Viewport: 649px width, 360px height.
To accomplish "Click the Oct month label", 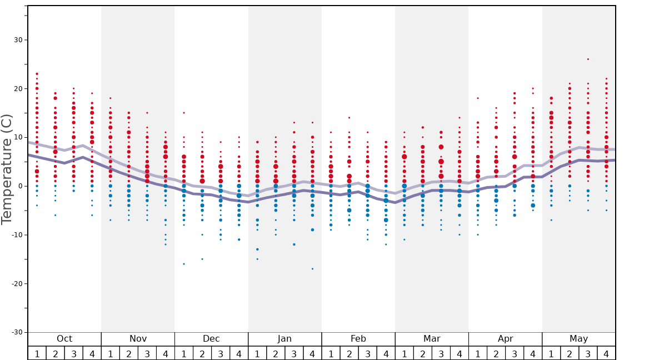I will [64, 339].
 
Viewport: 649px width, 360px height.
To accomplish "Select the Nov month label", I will [138, 339].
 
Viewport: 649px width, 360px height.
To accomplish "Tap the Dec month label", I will [211, 339].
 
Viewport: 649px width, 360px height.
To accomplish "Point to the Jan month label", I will [284, 339].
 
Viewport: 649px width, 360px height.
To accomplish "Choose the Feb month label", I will [358, 339].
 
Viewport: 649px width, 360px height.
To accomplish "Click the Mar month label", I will [432, 339].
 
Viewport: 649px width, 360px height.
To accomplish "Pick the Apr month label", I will [505, 339].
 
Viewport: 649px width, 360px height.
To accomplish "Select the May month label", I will [578, 339].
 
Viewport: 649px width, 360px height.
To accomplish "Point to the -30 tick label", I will [16, 332].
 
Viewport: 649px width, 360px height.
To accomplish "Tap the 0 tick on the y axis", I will [20, 186].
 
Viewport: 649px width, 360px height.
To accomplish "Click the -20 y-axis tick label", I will [16, 283].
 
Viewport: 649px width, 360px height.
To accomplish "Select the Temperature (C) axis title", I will [7, 169].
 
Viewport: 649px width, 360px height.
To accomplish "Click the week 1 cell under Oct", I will [37, 353].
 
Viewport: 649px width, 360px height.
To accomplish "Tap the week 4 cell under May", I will [606, 353].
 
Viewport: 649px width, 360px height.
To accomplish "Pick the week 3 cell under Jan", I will [294, 353].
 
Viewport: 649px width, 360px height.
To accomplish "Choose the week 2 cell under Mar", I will [423, 353].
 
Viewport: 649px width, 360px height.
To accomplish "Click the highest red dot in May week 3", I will [588, 59].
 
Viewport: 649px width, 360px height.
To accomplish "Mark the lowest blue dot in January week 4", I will [312, 269].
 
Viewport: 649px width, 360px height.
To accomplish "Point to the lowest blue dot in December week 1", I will [184, 264].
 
